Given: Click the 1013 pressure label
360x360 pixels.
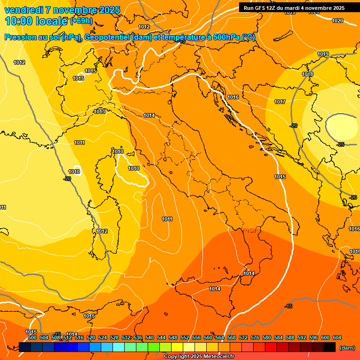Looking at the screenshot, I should coord(99,112).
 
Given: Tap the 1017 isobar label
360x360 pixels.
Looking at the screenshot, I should coord(280,102).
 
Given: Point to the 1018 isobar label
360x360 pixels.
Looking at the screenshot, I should coord(307,75).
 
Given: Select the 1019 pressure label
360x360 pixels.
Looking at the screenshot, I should coord(323,54).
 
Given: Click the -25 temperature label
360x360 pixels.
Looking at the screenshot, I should coord(340,144).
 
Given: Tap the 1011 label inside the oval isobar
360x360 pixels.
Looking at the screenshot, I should coord(167,219).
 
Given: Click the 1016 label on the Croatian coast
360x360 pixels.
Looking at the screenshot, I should coord(233,97).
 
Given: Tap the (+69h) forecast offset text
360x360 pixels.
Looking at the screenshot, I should coord(81,21).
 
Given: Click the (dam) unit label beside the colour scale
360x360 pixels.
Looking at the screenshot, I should coord(347,347).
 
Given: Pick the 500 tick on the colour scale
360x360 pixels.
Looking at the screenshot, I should coord(32,337).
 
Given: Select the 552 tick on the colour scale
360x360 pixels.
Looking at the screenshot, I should coord(185,337).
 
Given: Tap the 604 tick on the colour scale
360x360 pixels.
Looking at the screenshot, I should coord(337,337).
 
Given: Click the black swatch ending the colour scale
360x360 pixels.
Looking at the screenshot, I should coord(330,347).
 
